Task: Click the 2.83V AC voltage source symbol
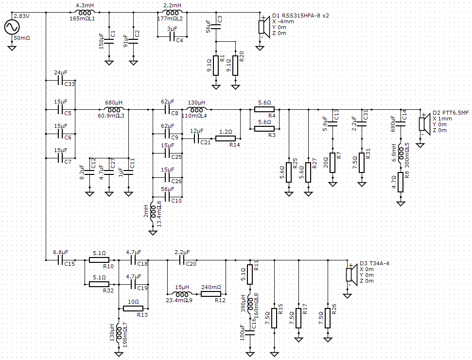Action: (12, 27)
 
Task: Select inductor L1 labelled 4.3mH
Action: (85, 13)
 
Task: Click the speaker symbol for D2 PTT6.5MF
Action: (424, 124)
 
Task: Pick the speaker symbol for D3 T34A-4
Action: (351, 274)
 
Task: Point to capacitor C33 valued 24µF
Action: (60, 80)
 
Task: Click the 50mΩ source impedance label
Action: (22, 38)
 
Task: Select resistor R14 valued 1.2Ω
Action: (226, 138)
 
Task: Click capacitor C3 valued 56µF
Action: (216, 27)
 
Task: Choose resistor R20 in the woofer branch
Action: (235, 66)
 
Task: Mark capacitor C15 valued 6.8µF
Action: (60, 260)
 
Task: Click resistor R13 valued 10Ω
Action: (133, 309)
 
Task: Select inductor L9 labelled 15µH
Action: (182, 293)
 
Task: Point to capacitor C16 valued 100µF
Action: (250, 332)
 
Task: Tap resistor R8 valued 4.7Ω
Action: (401, 182)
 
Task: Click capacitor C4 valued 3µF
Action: (172, 37)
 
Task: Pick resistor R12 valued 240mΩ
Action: (210, 294)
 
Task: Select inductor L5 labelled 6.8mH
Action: (401, 154)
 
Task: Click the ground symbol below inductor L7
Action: (119, 354)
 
